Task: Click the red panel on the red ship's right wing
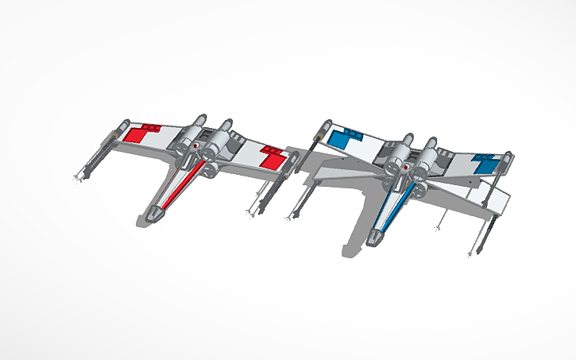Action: pyautogui.click(x=273, y=158)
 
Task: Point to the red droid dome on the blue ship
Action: pyautogui.click(x=406, y=168)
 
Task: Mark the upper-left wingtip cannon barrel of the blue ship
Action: pyautogui.click(x=319, y=130)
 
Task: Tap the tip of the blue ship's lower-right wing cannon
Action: pyautogui.click(x=475, y=254)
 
